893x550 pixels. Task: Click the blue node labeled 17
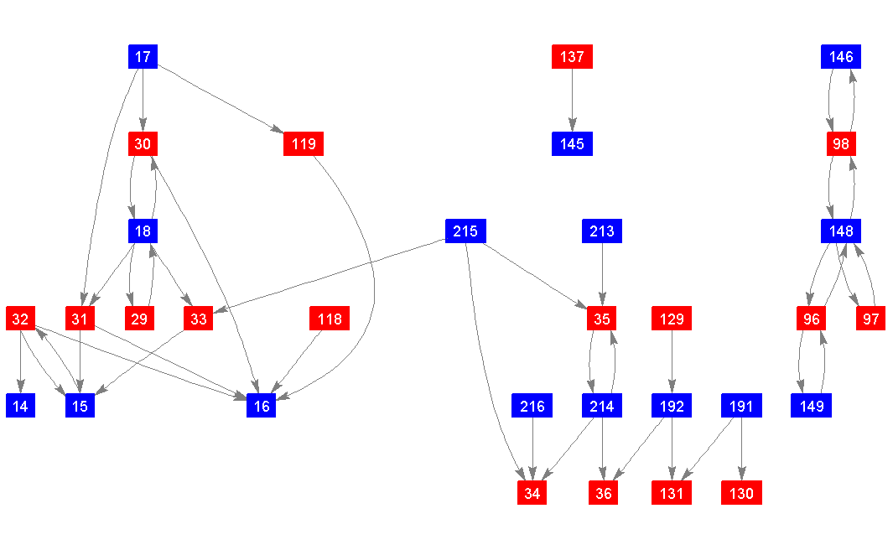(143, 57)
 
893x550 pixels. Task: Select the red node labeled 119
(304, 144)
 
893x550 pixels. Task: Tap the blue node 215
(465, 231)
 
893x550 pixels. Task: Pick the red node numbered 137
(572, 57)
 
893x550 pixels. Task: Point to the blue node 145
(572, 144)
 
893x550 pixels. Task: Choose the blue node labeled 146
(841, 57)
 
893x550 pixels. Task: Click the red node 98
(841, 144)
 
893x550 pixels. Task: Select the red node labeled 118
(330, 319)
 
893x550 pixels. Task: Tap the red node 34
(532, 494)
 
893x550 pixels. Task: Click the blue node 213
(602, 231)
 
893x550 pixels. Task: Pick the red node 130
(741, 494)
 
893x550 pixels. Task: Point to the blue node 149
(812, 407)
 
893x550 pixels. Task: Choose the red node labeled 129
(672, 319)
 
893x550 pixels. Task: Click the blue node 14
(20, 407)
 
